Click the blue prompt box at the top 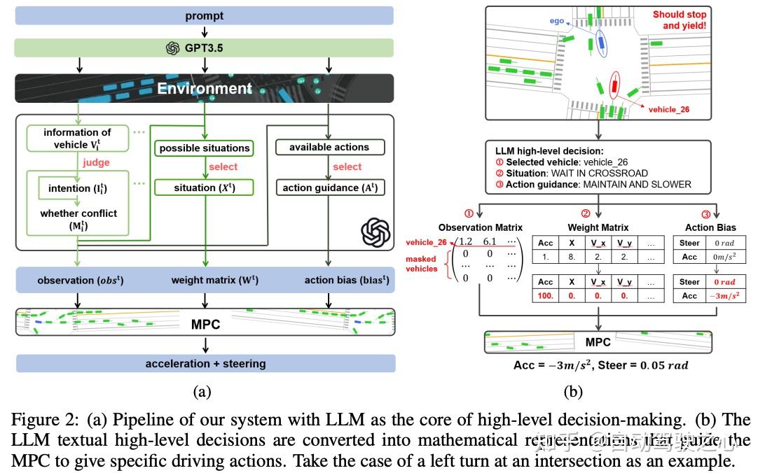[x=205, y=15]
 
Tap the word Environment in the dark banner [x=204, y=89]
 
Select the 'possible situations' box [x=204, y=148]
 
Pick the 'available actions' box [x=329, y=147]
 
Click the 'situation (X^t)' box [x=204, y=188]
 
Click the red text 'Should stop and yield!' [x=680, y=20]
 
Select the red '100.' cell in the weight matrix [x=546, y=296]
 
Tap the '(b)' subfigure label [x=572, y=392]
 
